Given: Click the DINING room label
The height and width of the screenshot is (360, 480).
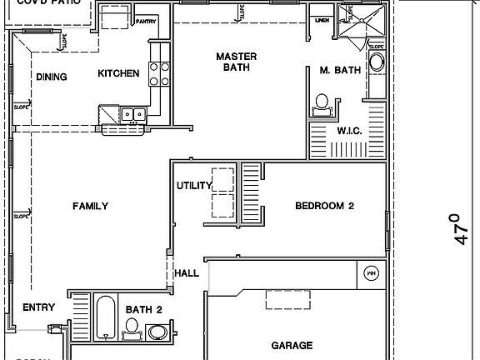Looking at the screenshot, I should click(52, 77).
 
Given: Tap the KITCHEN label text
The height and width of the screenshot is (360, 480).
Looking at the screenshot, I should click(118, 73).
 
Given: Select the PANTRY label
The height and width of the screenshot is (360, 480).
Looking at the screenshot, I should click(146, 21).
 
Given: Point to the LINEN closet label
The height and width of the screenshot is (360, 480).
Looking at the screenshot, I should click(322, 21).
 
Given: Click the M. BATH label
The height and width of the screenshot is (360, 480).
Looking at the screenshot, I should click(340, 71).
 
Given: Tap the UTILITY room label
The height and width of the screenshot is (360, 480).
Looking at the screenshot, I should click(194, 185).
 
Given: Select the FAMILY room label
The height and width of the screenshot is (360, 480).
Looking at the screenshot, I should click(90, 206).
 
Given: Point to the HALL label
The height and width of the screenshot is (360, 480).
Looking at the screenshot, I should click(186, 273).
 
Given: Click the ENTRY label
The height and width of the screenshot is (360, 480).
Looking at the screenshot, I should click(38, 307).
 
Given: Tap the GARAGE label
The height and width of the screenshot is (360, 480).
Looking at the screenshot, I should click(292, 344).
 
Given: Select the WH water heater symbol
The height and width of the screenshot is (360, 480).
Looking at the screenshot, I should click(372, 272).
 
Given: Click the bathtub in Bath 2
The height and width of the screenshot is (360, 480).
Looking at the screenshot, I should click(105, 317).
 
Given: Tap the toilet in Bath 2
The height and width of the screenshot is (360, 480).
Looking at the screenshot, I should click(131, 334).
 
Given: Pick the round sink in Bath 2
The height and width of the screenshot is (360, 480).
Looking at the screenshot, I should click(157, 332).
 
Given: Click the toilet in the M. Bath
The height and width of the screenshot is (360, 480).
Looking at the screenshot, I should click(321, 103).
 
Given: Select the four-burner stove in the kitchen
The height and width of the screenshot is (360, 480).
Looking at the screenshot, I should click(159, 75).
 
